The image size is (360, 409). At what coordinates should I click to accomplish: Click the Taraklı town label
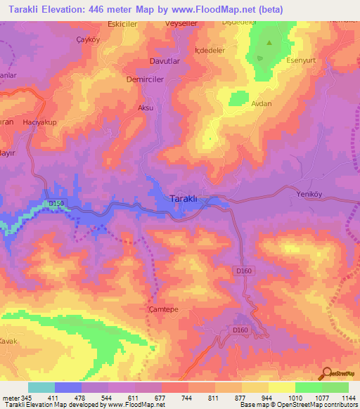pyautogui.click(x=188, y=199)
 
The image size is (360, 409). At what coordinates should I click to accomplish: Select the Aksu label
pyautogui.click(x=146, y=108)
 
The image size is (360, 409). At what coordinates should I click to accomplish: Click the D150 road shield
pyautogui.click(x=56, y=204)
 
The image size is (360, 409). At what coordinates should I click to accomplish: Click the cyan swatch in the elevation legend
pyautogui.click(x=41, y=387)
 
